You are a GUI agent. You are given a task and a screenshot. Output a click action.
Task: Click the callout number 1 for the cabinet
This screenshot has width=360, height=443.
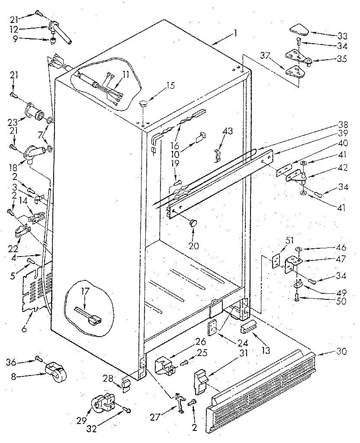(235, 35)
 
